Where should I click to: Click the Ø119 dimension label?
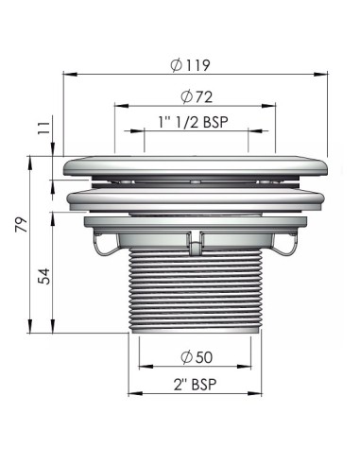190,65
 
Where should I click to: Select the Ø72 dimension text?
197,96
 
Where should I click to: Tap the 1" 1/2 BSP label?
193,122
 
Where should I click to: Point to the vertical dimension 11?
44,128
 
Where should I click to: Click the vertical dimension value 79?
22,224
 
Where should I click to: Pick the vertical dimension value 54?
44,276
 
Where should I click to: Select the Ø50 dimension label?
197,357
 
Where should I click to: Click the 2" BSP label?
195,384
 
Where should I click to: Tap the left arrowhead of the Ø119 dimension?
70,75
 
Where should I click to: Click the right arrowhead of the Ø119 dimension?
320,75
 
